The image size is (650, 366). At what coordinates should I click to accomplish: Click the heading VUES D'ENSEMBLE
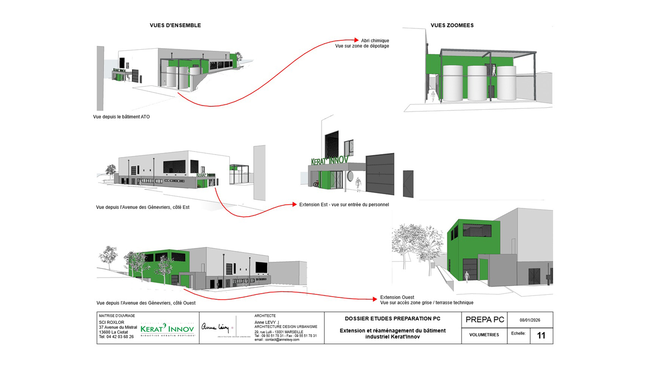coord(175,25)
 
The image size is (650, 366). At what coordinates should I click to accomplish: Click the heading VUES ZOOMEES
coord(452,25)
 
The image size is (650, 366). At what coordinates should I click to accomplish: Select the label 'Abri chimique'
coord(375,40)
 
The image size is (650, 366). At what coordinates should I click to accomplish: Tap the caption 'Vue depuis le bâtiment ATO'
coord(121,117)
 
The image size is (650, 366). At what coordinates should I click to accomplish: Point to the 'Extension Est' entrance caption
coord(344,204)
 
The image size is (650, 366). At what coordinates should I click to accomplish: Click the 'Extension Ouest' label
coord(397,297)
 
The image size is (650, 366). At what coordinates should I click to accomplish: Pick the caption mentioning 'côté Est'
coord(143,207)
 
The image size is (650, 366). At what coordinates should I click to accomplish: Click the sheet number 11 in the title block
coord(541,335)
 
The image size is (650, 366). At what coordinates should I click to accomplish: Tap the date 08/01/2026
coord(530,320)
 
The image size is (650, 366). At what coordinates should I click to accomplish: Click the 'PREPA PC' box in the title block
coord(484,320)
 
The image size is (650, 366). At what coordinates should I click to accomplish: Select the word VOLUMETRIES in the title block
coord(484,335)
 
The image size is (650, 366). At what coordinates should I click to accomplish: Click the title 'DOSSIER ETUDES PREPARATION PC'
coord(393,319)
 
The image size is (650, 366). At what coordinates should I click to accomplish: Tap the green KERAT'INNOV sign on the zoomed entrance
coord(330,160)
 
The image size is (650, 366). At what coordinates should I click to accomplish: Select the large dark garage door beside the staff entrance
coord(380,173)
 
